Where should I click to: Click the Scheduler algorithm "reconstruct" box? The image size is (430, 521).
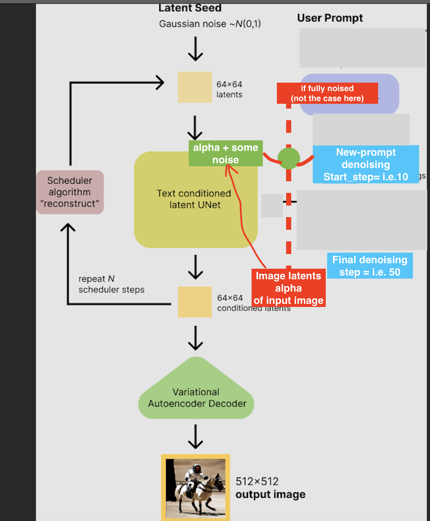click(70, 192)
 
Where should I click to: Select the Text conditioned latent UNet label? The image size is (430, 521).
click(194, 199)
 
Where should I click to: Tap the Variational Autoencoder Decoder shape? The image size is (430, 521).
click(196, 396)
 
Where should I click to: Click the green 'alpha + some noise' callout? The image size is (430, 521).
click(226, 153)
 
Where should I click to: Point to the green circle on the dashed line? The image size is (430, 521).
click(288, 158)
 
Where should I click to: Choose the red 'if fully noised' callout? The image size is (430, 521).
click(327, 93)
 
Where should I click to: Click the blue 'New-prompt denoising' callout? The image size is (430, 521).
click(365, 164)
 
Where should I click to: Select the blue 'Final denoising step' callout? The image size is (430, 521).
click(369, 266)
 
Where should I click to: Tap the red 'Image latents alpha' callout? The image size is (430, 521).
click(288, 288)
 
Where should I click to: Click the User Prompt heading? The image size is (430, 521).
click(330, 18)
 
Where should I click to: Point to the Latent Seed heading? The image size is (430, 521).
click(190, 8)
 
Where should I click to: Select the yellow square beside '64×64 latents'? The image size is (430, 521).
click(194, 87)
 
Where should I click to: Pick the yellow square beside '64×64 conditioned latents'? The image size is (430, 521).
click(194, 302)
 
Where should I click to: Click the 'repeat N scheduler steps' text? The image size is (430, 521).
click(111, 284)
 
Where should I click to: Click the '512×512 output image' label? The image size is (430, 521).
click(270, 488)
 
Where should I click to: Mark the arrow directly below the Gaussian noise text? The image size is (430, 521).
click(196, 49)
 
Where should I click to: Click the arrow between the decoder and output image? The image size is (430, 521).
click(196, 437)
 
